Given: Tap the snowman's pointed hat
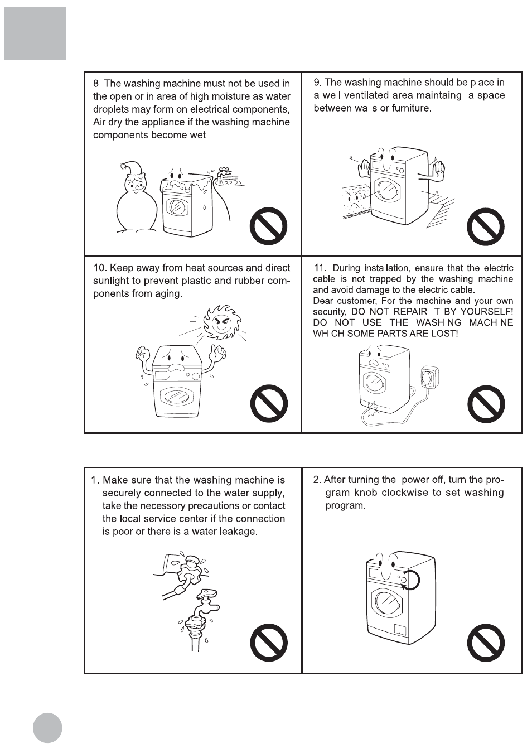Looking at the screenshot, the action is pyautogui.click(x=134, y=170).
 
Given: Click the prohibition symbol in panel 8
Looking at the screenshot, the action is pyautogui.click(x=269, y=226).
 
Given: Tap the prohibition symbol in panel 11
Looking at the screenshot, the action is pyautogui.click(x=486, y=404).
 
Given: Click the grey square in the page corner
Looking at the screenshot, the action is pyautogui.click(x=35, y=33).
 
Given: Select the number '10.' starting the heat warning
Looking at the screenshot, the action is pyautogui.click(x=100, y=268).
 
